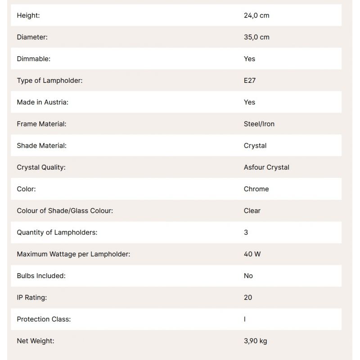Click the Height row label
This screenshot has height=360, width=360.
(x=28, y=15)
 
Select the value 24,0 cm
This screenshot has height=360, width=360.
(x=256, y=15)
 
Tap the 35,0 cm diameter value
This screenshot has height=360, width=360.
(x=256, y=37)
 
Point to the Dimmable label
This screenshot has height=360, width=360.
(x=34, y=58)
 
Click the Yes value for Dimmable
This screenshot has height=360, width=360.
(x=249, y=58)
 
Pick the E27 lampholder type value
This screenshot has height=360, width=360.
(x=250, y=81)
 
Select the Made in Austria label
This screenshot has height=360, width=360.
(x=43, y=102)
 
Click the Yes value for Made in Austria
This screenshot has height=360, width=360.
(x=249, y=102)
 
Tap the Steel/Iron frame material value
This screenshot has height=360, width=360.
(x=259, y=124)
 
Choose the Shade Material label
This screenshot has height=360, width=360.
(x=42, y=145)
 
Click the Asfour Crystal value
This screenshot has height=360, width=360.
(x=266, y=167)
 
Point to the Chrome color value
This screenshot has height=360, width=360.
(x=256, y=189)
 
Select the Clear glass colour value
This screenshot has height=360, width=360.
(x=252, y=211)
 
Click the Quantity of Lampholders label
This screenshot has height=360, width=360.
(x=57, y=232)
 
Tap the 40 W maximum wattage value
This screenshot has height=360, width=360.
(x=252, y=254)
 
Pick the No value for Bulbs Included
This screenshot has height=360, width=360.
(x=248, y=276)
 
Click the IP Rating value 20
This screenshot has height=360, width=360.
(x=248, y=297)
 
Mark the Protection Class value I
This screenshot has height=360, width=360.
(x=245, y=319)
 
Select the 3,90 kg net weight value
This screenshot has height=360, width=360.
(x=256, y=341)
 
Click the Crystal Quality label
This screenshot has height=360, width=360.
(x=41, y=167)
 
